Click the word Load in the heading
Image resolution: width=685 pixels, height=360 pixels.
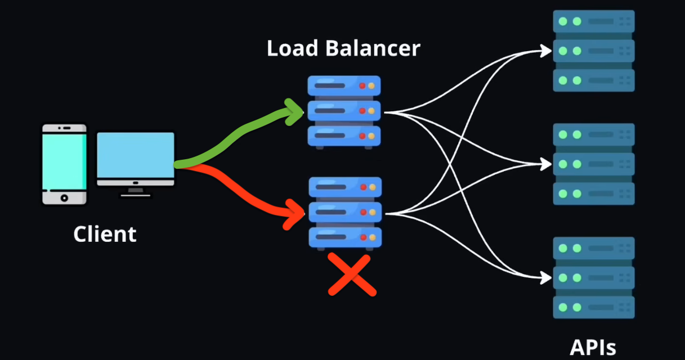click(292, 48)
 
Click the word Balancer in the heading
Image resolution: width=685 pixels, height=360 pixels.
click(373, 48)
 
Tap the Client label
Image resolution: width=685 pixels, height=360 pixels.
click(105, 235)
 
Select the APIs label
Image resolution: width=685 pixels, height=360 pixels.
click(593, 348)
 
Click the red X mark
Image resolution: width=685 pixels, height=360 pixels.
click(352, 274)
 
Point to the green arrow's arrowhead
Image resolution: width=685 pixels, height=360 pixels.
click(294, 112)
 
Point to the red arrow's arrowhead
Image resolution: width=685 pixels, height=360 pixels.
click(294, 214)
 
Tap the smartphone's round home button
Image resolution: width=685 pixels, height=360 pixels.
click(64, 198)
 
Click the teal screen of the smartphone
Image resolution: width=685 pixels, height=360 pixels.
click(64, 162)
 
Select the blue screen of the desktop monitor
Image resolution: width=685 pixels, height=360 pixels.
click(136, 155)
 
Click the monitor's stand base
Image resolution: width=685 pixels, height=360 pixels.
click(136, 195)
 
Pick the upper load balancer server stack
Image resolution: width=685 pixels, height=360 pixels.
click(344, 112)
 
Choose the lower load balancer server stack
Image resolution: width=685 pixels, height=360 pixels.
click(345, 213)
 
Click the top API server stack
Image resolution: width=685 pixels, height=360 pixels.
click(594, 51)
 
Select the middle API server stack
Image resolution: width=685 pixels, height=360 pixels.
click(594, 164)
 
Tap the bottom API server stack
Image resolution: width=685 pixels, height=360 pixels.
click(594, 278)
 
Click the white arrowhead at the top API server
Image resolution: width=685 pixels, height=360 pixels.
click(546, 51)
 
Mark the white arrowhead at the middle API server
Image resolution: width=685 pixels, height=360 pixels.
click(546, 164)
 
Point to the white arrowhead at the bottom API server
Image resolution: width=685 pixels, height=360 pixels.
click(546, 278)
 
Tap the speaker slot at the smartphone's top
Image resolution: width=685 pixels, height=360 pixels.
click(66, 128)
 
